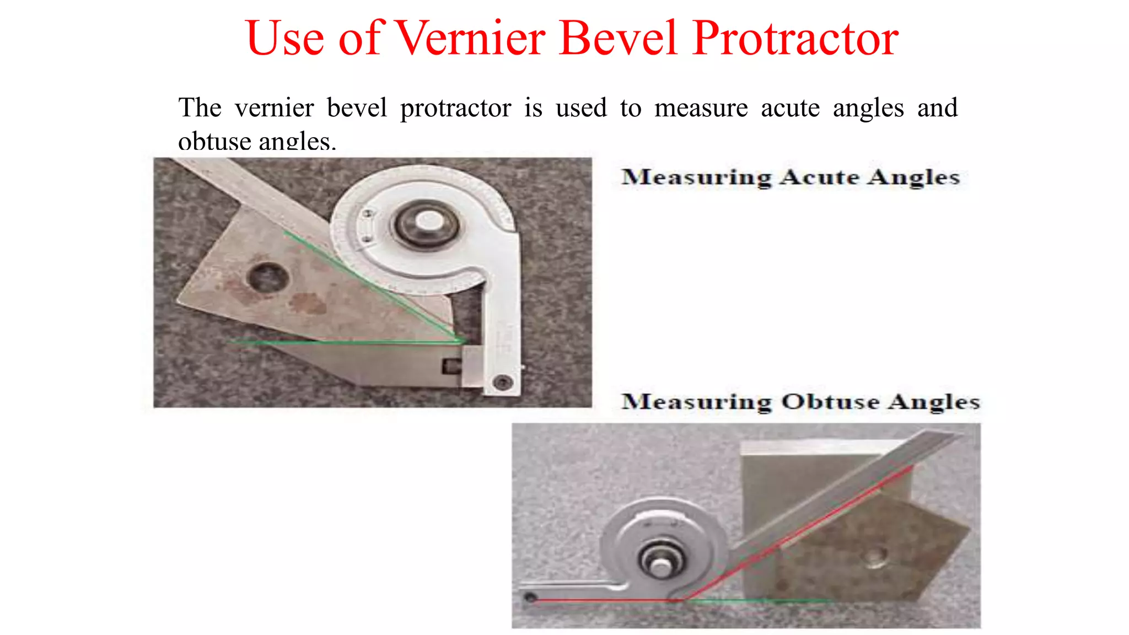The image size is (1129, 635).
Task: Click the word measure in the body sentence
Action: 701,107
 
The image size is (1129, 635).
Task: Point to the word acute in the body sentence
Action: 790,107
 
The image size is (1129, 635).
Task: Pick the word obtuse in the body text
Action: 214,142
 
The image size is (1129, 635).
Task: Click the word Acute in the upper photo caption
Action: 820,177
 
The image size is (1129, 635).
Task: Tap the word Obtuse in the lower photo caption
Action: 830,401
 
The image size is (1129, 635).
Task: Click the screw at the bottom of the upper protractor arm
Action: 502,381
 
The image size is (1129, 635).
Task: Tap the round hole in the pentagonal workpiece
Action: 873,557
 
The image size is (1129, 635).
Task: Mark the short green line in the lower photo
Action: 761,600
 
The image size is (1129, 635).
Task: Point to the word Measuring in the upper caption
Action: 696,177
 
